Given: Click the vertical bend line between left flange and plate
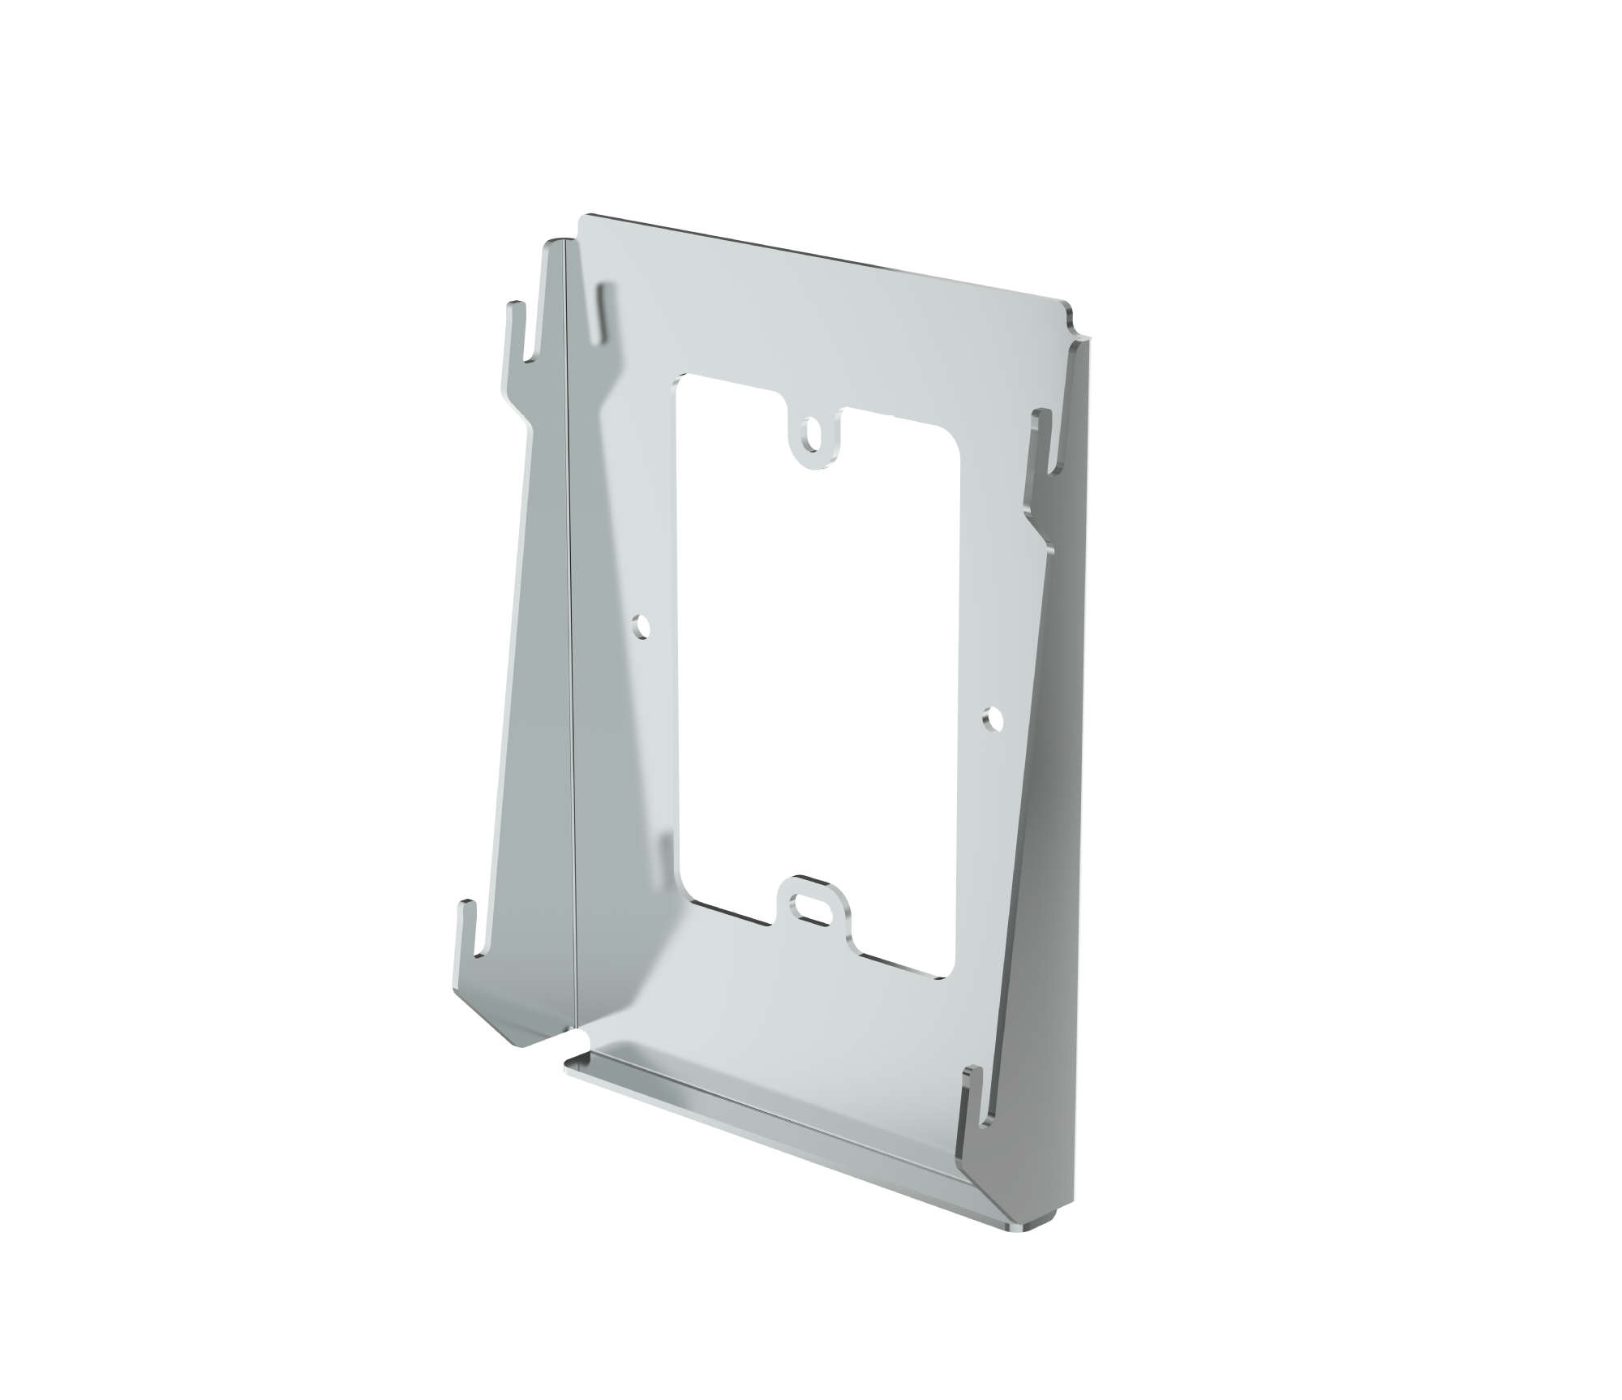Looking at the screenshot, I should pyautogui.click(x=573, y=649).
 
